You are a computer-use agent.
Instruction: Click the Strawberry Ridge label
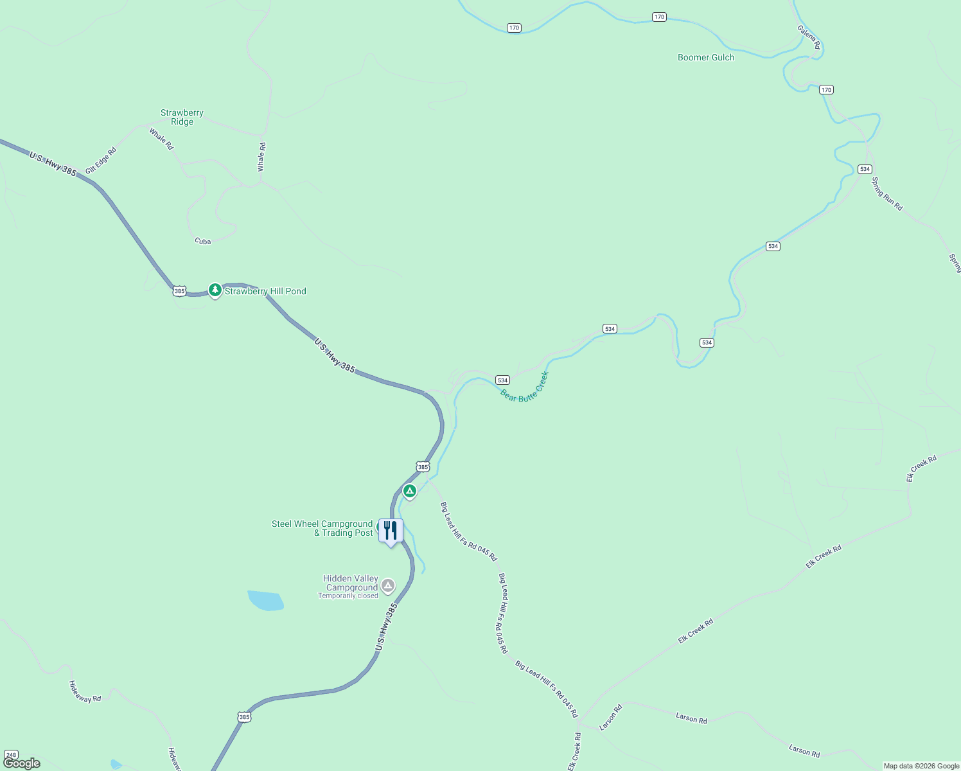(182, 117)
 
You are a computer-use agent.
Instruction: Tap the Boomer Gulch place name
(705, 57)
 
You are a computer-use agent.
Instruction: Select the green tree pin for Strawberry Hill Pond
(215, 290)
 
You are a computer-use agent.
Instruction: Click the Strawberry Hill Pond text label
(265, 291)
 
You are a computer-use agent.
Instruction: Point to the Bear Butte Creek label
(524, 387)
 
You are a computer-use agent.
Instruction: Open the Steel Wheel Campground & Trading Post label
(322, 528)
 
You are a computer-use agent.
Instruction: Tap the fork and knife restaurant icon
(391, 531)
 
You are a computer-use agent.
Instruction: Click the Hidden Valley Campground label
(351, 583)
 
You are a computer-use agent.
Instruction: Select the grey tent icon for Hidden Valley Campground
(387, 585)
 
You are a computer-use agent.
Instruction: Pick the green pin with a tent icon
(409, 492)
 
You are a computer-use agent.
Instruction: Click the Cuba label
(202, 242)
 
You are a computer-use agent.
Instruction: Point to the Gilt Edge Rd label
(101, 160)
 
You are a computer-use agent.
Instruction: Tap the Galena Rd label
(809, 37)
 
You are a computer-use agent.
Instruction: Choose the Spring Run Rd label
(886, 194)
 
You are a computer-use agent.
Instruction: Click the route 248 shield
(11, 755)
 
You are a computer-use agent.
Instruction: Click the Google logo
(21, 763)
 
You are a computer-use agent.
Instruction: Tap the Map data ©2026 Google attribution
(921, 766)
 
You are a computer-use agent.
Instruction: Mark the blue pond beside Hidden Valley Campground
(265, 601)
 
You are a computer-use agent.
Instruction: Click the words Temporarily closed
(348, 596)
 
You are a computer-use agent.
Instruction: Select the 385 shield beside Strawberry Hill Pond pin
(179, 291)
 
